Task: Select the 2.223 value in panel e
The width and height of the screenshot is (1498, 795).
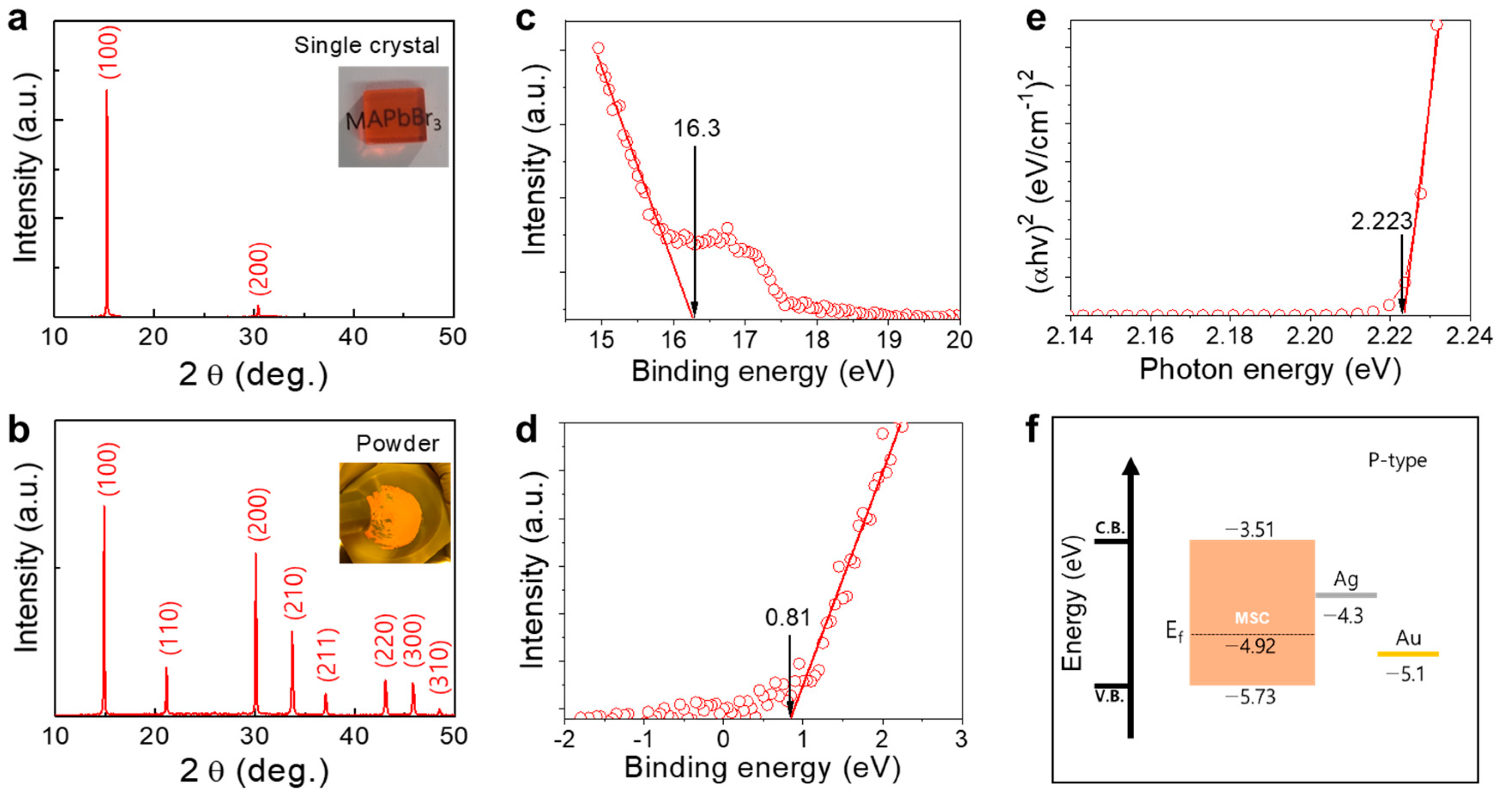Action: point(1381,221)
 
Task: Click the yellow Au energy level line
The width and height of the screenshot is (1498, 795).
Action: point(1408,654)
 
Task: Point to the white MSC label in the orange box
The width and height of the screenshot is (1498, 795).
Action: point(1252,618)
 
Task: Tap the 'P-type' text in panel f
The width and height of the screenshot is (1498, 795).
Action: point(1397,461)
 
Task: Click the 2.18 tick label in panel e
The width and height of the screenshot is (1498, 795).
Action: point(1229,337)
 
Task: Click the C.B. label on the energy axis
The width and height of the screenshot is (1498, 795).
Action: point(1110,529)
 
